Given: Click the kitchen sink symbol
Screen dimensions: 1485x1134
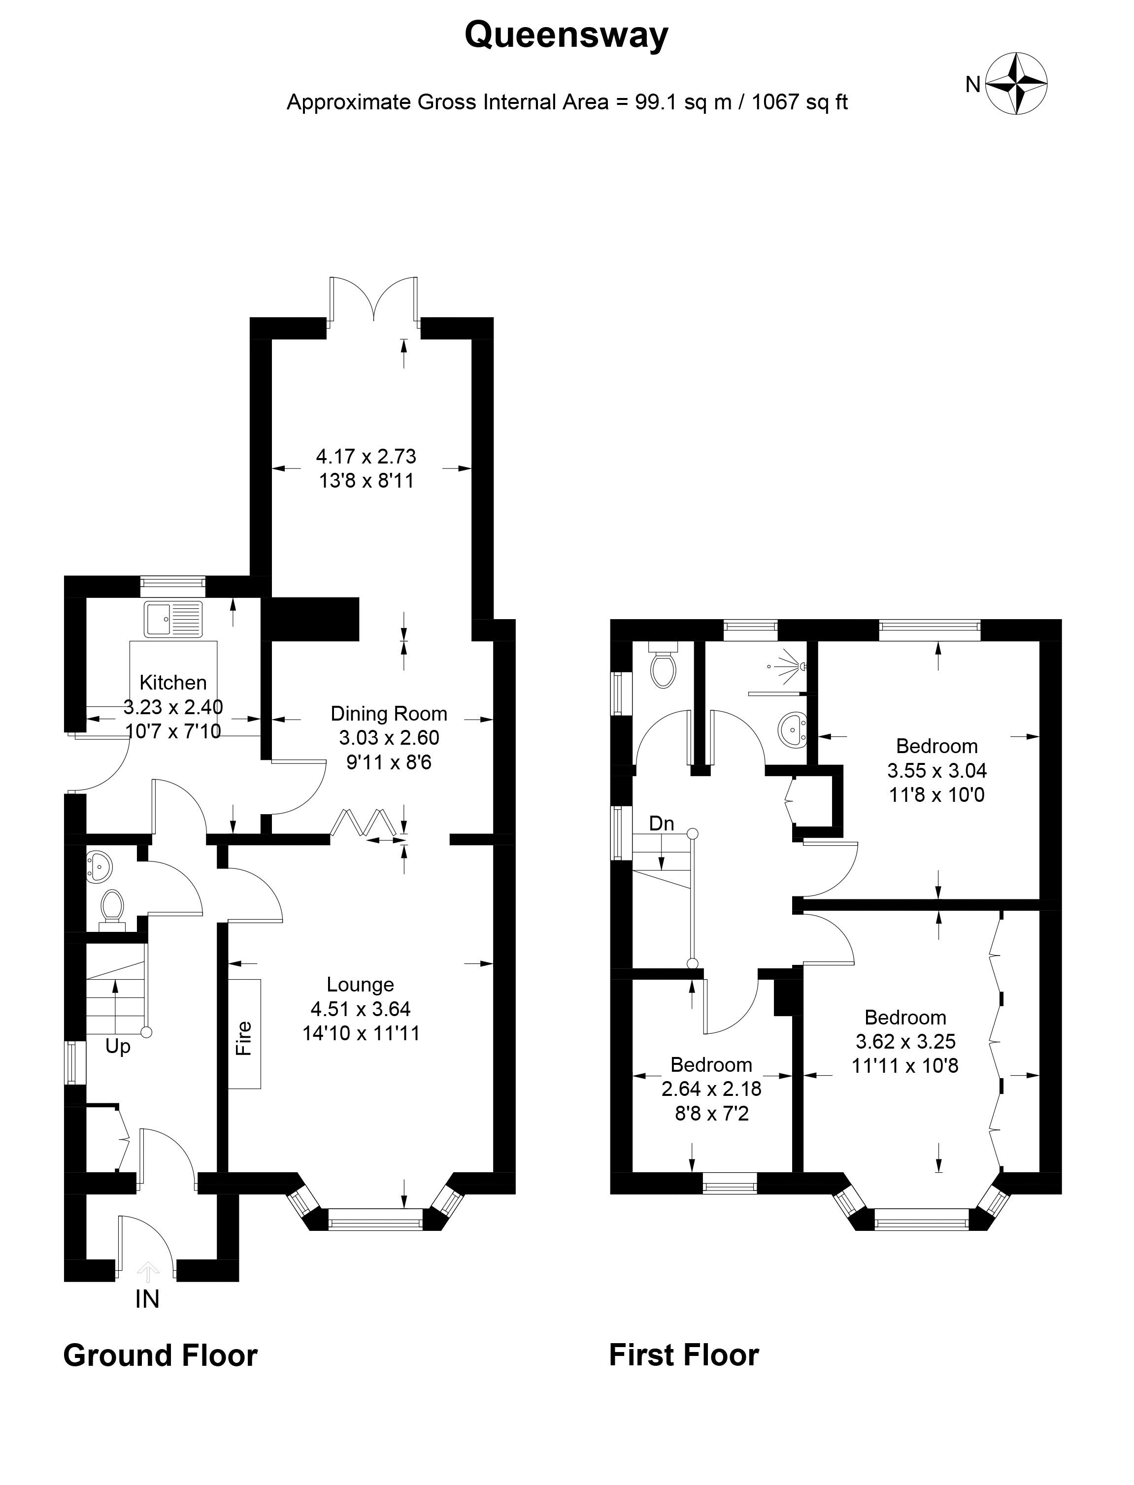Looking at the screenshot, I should [x=173, y=618].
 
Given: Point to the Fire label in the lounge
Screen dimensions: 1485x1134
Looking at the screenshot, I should [x=244, y=1039].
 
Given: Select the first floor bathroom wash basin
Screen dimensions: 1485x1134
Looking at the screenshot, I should [x=793, y=730].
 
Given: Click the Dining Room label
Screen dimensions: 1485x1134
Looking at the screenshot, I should [x=389, y=713].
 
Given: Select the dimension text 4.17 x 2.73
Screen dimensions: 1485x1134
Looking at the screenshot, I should [x=366, y=457].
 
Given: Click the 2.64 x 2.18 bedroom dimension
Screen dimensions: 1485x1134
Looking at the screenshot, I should [x=711, y=1089].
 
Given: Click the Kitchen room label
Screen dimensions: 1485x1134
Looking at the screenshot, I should [x=173, y=682].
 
